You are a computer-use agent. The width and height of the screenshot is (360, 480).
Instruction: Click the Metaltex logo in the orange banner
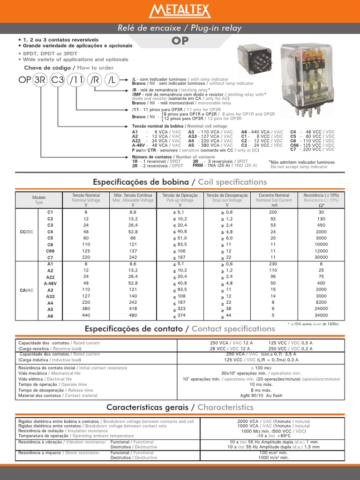(x=180, y=10)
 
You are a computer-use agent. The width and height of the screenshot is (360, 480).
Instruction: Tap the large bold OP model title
(x=180, y=41)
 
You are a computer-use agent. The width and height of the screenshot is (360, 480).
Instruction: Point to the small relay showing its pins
(x=253, y=60)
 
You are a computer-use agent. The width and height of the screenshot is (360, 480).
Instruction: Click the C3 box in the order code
(x=58, y=80)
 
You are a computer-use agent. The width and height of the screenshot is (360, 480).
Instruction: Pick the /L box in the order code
(x=112, y=80)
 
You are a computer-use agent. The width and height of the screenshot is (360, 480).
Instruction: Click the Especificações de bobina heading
(x=180, y=182)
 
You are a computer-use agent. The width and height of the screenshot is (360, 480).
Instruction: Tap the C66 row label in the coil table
(x=50, y=251)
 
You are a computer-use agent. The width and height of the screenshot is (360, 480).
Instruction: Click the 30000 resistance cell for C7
(x=321, y=258)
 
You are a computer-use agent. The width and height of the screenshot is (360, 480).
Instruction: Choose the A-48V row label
(x=50, y=284)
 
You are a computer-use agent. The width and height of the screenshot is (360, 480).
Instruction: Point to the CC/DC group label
(x=27, y=232)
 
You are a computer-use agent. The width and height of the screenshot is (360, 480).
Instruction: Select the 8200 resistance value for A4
(x=321, y=303)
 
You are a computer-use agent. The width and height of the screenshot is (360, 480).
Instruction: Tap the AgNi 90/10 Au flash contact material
(x=261, y=396)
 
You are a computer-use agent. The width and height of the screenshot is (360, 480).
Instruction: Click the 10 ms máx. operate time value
(x=261, y=384)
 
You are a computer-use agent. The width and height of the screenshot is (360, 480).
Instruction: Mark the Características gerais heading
(x=180, y=407)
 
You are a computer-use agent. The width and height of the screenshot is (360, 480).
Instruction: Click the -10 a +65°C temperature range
(x=261, y=435)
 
